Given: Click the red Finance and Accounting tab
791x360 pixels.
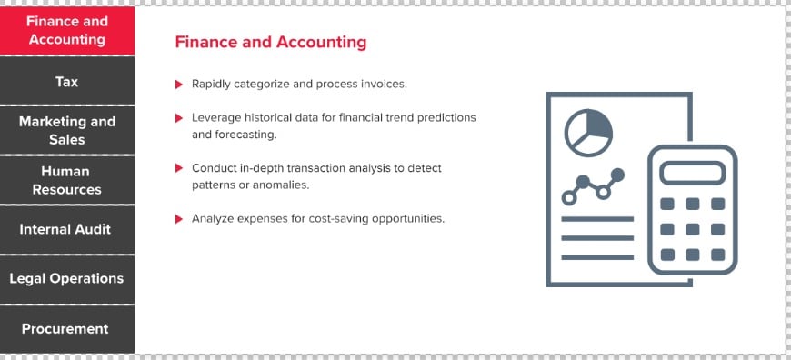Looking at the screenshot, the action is click(x=67, y=30).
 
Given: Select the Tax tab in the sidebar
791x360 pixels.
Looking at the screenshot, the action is click(x=67, y=81).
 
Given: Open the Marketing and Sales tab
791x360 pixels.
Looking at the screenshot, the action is click(x=67, y=130).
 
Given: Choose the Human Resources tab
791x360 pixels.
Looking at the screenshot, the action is click(x=67, y=180).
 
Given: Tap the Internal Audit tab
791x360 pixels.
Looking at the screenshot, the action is click(x=67, y=229).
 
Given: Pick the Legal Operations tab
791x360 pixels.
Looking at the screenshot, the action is click(x=67, y=279).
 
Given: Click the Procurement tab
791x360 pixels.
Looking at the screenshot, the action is click(x=67, y=329).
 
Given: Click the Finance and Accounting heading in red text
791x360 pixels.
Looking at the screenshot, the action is click(x=271, y=42).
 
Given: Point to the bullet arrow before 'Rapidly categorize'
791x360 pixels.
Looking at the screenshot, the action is click(x=178, y=85).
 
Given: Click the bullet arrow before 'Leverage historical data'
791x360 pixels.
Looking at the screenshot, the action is click(x=178, y=118).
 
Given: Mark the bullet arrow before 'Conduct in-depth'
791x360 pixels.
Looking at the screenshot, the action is click(x=178, y=168).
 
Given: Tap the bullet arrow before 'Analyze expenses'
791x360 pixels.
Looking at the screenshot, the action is click(x=178, y=219).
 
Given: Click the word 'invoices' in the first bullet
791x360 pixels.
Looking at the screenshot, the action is click(x=383, y=85).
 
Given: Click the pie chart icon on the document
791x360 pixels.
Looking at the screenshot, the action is click(x=588, y=133).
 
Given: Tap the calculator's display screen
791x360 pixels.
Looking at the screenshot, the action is click(x=692, y=173).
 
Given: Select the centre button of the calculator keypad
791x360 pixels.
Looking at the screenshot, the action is click(x=692, y=229).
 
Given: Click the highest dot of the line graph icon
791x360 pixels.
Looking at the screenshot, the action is click(x=617, y=175).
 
